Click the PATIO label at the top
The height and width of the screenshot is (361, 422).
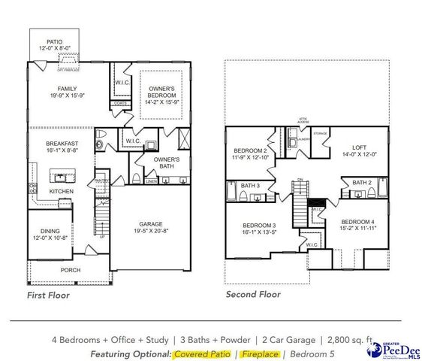[55, 42]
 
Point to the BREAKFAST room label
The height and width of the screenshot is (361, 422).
[59, 143]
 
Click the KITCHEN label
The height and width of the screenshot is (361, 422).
[61, 193]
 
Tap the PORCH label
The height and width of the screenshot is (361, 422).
[71, 270]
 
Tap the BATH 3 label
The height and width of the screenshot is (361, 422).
[252, 185]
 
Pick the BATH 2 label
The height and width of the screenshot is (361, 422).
[360, 183]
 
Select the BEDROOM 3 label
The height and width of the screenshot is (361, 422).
[258, 226]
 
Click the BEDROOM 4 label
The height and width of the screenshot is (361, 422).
[357, 222]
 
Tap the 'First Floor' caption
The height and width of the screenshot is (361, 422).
[48, 296]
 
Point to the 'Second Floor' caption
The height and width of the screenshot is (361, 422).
[253, 295]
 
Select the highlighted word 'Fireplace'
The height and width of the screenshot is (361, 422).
[260, 353]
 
